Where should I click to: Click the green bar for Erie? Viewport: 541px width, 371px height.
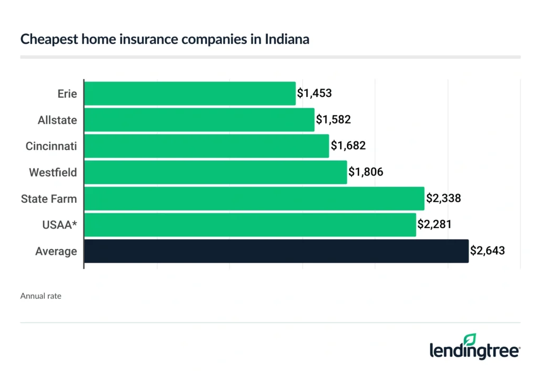[x=190, y=93]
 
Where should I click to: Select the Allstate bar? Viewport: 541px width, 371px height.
[x=199, y=120]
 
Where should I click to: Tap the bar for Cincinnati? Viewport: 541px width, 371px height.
[x=207, y=146]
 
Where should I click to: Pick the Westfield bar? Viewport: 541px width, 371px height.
[x=216, y=172]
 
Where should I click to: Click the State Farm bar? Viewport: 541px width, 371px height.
[x=254, y=198]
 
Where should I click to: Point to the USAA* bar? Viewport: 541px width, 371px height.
[x=250, y=225]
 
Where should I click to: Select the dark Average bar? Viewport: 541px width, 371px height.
[x=276, y=251]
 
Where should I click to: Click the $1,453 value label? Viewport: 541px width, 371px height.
[x=314, y=93]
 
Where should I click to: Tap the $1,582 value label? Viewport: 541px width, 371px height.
[x=333, y=120]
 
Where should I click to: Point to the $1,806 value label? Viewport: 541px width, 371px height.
[x=366, y=172]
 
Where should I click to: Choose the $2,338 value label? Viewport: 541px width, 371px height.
[x=444, y=198]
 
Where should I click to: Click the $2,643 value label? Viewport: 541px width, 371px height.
[x=488, y=251]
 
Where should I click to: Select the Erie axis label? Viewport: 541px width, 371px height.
[x=67, y=94]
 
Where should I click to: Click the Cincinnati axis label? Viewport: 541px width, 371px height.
[x=51, y=146]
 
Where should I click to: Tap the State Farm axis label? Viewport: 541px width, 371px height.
[x=49, y=199]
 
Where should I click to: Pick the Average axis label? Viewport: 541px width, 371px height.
[x=56, y=251]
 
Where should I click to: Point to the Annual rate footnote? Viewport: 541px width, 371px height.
[x=41, y=296]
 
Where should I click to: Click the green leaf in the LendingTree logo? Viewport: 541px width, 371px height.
[x=470, y=340]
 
